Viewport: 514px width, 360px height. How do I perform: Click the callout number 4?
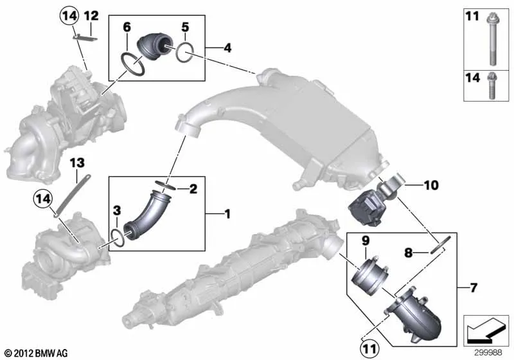[x=227, y=48]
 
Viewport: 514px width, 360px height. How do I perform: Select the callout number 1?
[x=227, y=214]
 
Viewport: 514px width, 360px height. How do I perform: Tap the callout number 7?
[x=474, y=288]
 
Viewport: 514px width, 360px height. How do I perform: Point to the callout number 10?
[x=431, y=185]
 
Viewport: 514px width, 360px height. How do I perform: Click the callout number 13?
[x=77, y=163]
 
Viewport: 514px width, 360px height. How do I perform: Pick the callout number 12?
[x=91, y=15]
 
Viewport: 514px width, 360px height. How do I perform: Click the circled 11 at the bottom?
[x=369, y=349]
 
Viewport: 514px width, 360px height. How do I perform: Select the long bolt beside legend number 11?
[x=492, y=39]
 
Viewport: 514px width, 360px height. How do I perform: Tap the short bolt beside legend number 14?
[x=492, y=86]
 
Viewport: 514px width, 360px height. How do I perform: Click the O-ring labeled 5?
[x=184, y=52]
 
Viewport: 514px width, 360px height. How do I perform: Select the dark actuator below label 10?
[x=364, y=208]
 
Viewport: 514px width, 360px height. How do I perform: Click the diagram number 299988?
[x=488, y=352]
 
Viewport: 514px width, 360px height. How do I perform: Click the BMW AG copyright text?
[x=37, y=354]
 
